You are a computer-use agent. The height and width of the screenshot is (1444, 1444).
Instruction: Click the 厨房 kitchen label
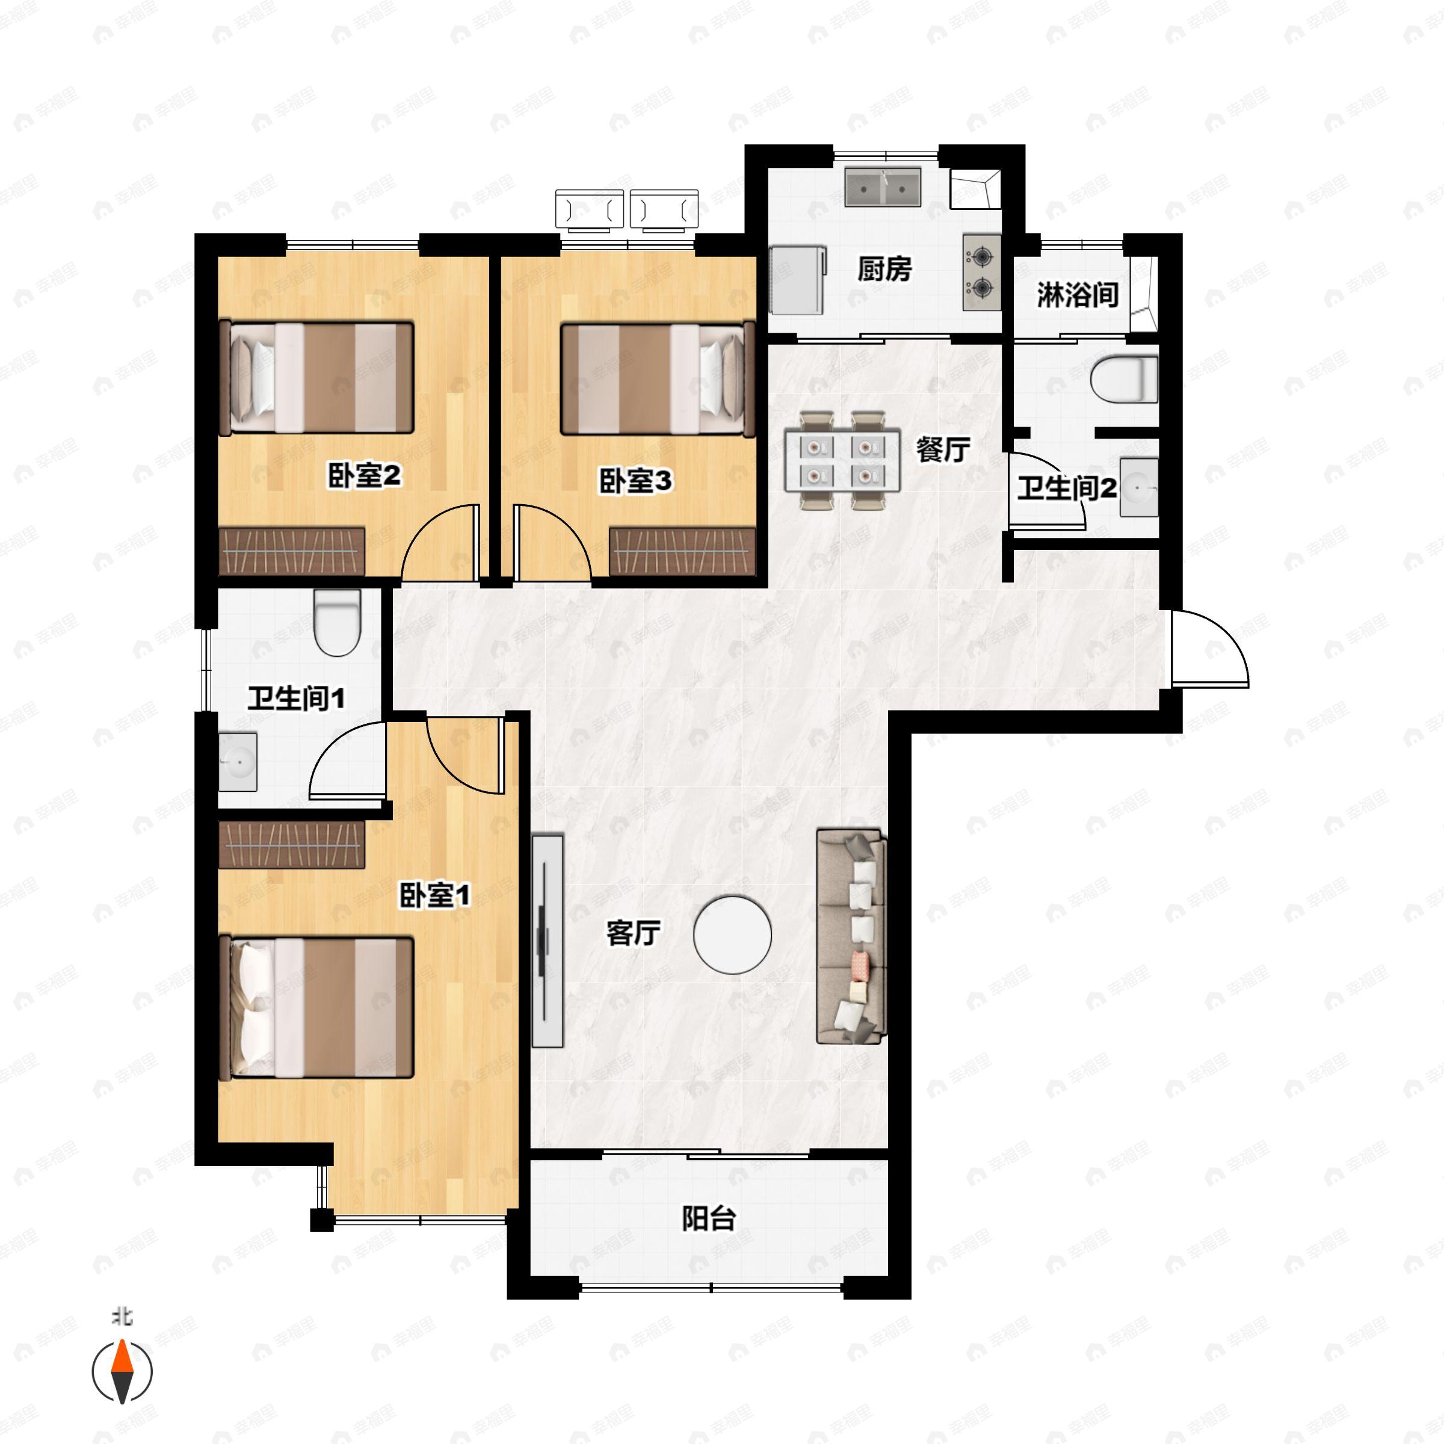884,269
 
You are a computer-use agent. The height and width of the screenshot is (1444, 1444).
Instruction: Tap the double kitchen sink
883,187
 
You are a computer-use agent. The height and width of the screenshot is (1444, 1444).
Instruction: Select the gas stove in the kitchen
981,272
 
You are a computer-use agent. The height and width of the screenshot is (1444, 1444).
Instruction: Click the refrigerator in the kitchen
797,280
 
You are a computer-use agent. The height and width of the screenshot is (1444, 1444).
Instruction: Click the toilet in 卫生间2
1123,379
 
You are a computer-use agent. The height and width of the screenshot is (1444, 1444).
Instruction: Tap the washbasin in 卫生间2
1138,487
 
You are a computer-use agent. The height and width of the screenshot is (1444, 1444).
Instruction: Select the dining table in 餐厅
842,460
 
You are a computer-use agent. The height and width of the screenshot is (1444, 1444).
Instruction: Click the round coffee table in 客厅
732,934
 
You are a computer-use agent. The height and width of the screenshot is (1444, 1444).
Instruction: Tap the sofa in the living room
851,936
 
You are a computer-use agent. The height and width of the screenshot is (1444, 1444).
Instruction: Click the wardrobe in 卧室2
291,552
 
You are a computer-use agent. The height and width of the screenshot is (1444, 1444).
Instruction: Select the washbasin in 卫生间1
238,762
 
